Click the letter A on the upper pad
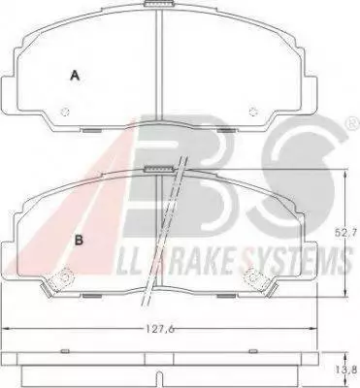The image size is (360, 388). point(75,76)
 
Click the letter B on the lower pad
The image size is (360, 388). point(80,240)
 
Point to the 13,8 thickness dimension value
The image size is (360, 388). point(351,369)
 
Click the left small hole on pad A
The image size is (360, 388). point(65,112)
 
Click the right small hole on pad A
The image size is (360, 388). point(253,112)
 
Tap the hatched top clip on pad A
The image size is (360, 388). point(159,4)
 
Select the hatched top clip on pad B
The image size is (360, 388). point(159,169)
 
